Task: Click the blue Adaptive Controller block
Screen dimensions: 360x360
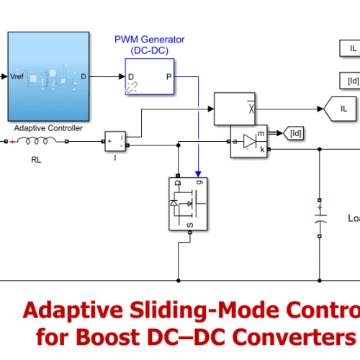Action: click(49, 76)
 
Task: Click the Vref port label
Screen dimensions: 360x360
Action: click(17, 76)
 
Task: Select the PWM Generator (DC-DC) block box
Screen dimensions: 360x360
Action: click(150, 76)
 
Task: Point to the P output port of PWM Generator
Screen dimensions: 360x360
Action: click(169, 76)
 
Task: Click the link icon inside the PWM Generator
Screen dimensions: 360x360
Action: click(132, 87)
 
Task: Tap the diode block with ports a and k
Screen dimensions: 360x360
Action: click(250, 141)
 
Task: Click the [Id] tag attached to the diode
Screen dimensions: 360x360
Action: click(295, 132)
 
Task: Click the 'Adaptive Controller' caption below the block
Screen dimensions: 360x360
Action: click(49, 128)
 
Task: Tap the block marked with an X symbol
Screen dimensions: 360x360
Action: click(235, 108)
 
